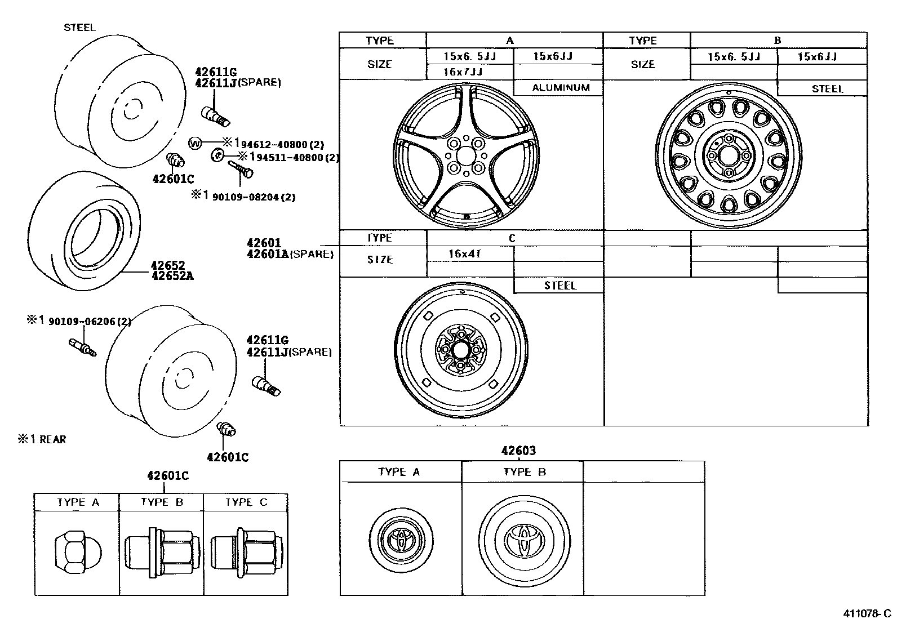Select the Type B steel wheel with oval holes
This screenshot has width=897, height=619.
tap(729, 156)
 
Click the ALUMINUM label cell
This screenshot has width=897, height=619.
tap(561, 87)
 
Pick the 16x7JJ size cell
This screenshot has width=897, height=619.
tap(463, 72)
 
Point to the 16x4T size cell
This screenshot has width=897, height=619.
tap(465, 254)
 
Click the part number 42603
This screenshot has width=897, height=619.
tap(518, 451)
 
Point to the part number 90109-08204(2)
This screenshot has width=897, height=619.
tap(254, 197)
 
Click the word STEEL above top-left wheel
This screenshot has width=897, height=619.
tap(79, 27)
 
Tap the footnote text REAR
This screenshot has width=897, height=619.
tap(52, 439)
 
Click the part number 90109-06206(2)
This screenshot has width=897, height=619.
tap(90, 322)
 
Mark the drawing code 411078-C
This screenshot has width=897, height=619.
tap(867, 613)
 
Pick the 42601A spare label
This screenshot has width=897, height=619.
tap(290, 254)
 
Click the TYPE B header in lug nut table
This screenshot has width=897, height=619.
tap(162, 502)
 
